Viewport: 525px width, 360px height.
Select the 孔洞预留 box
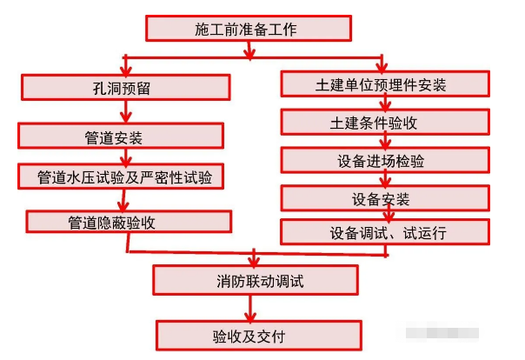click(x=126, y=86)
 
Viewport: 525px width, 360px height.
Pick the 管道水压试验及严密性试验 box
click(x=123, y=177)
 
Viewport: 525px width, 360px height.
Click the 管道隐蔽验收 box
click(x=129, y=221)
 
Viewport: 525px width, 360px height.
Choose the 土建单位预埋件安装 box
click(x=381, y=84)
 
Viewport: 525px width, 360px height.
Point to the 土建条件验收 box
click(x=381, y=122)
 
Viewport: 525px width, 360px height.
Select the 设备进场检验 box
click(x=381, y=160)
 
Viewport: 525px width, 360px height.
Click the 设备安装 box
click(x=381, y=199)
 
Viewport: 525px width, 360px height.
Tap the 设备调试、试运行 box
click(x=381, y=232)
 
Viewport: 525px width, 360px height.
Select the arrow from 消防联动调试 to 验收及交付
click(x=251, y=307)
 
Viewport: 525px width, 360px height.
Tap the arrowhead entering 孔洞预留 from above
click(x=128, y=68)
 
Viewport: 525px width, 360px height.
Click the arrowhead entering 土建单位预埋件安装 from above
click(x=383, y=66)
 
